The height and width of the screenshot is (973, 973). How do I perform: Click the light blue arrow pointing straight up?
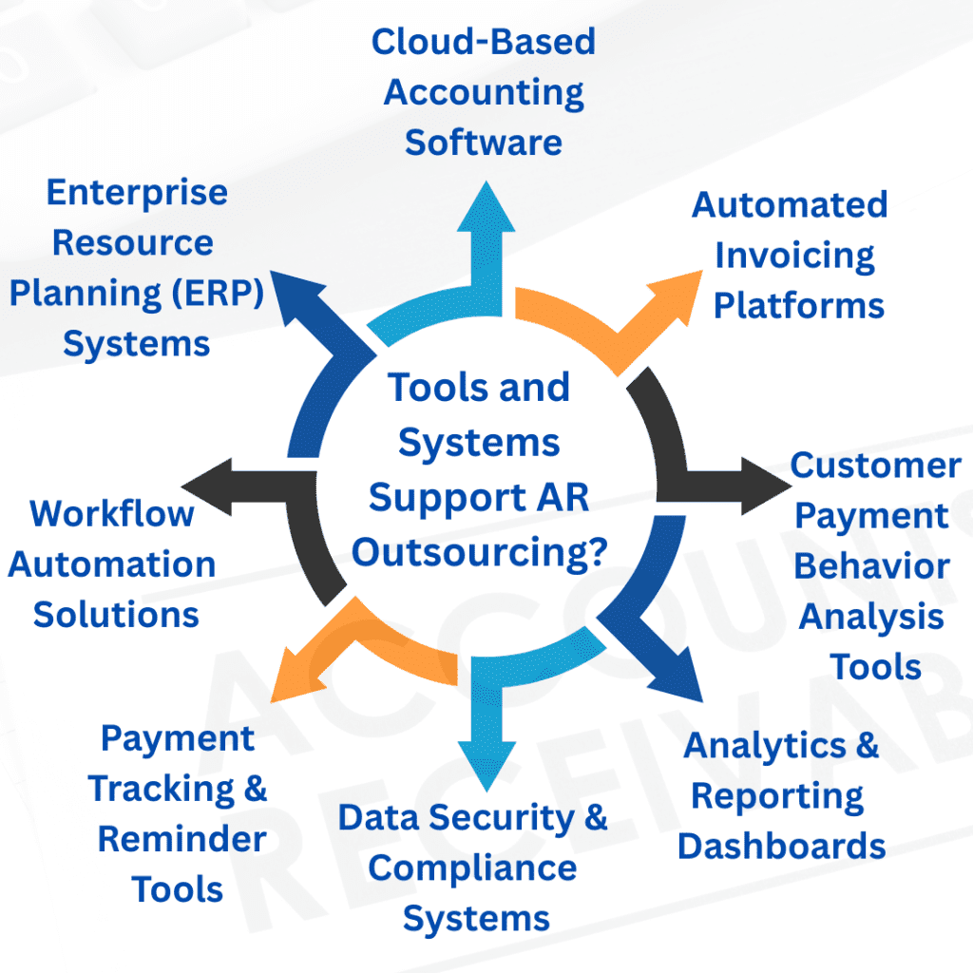486,238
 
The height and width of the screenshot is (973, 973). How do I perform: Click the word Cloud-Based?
483,42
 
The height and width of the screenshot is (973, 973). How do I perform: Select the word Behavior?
871,566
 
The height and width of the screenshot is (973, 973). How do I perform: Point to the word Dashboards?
781,846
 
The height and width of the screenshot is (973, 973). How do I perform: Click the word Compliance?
472,868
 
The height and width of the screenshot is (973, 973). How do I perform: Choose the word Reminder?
181,839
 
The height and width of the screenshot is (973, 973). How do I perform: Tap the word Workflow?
111,514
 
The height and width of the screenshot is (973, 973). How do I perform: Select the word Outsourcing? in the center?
480,551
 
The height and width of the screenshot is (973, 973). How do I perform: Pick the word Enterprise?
137,192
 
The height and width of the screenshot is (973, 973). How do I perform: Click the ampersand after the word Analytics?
866,745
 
